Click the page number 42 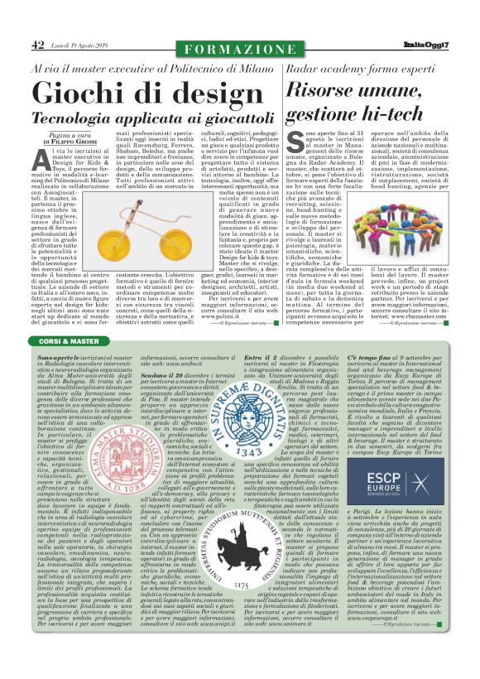click(37, 46)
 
